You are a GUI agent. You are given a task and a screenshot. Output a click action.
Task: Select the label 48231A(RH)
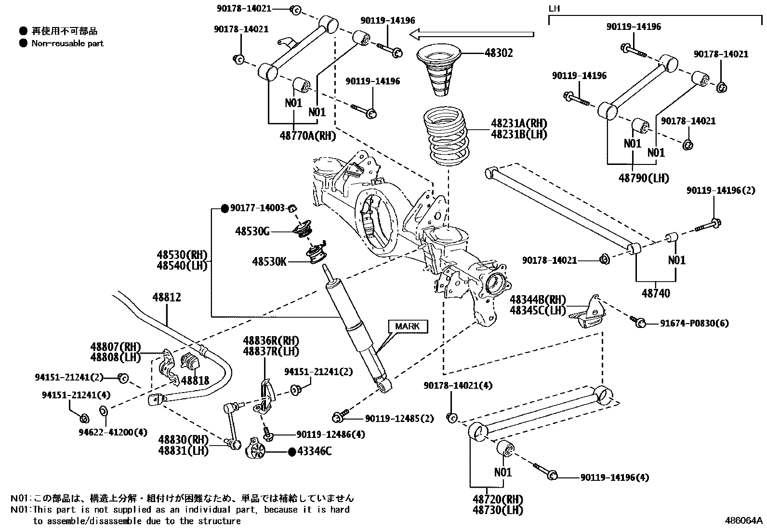pyautogui.click(x=519, y=123)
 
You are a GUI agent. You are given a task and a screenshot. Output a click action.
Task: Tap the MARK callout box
pyautogui.click(x=407, y=326)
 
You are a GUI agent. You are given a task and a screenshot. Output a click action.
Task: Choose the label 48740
pyautogui.click(x=655, y=293)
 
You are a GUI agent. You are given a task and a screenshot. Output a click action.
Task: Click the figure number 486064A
pyautogui.click(x=744, y=521)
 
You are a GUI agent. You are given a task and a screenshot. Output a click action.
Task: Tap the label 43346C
pyautogui.click(x=314, y=451)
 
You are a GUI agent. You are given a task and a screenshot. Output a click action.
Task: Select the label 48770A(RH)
pyautogui.click(x=307, y=136)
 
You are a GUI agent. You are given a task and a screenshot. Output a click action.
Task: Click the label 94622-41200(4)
pyautogui.click(x=113, y=432)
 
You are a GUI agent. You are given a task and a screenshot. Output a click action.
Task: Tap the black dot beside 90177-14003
pyautogui.click(x=224, y=208)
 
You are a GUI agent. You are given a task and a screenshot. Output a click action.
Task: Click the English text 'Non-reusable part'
pyautogui.click(x=67, y=43)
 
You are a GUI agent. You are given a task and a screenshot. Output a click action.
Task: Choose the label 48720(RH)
pyautogui.click(x=498, y=499)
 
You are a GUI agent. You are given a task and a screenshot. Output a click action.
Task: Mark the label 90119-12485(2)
pyautogui.click(x=399, y=419)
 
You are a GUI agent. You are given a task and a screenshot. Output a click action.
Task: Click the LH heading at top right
pyautogui.click(x=555, y=9)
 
